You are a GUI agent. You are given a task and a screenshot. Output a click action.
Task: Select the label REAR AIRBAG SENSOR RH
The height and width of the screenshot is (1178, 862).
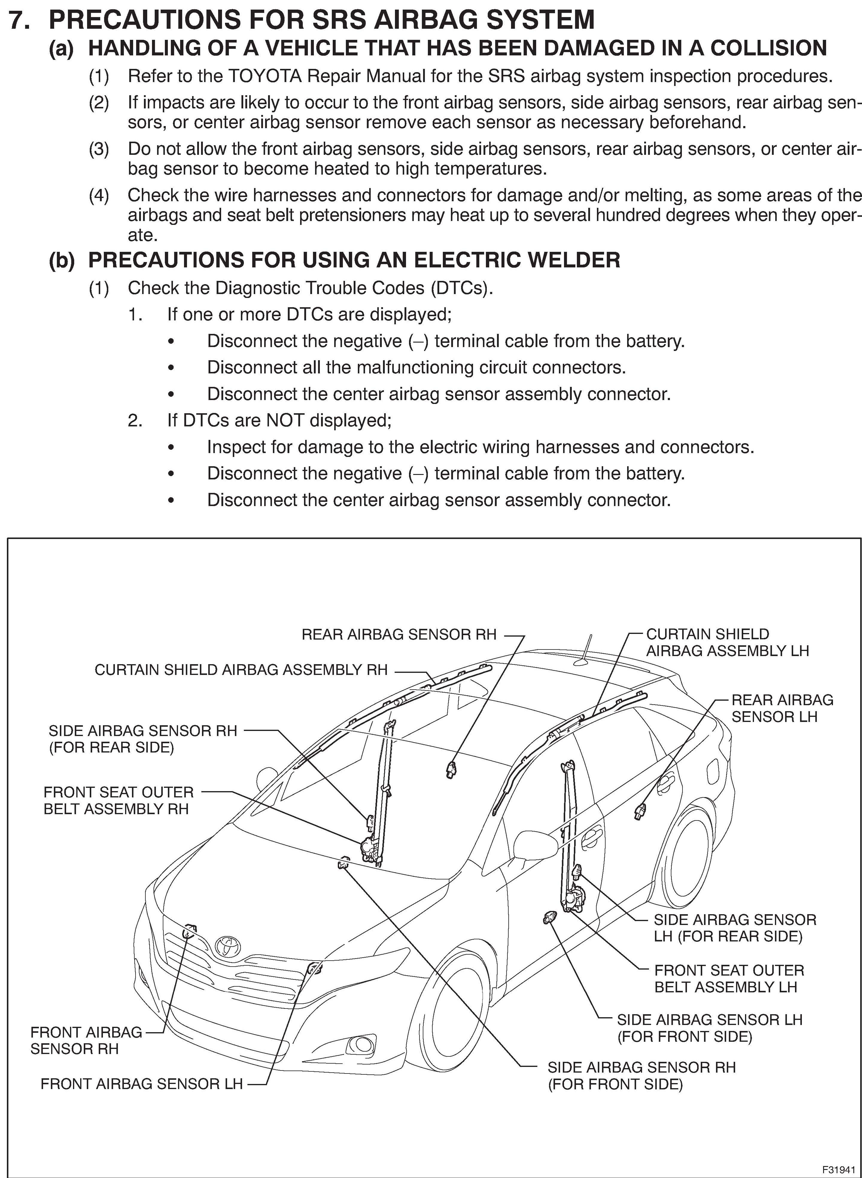[x=399, y=635]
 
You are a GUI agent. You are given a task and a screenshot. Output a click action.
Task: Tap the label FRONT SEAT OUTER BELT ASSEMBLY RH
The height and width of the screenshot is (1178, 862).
[x=118, y=800]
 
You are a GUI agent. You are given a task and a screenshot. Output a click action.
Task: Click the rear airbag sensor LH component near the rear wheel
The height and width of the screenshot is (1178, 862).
[x=640, y=810]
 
